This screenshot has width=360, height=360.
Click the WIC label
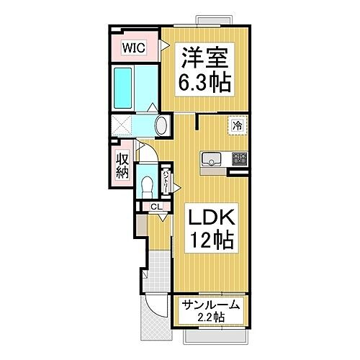tap(132, 48)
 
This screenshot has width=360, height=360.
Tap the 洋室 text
tap(204, 57)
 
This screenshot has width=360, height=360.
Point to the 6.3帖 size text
tap(204, 83)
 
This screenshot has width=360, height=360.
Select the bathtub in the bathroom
tap(123, 85)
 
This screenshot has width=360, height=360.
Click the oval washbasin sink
tap(161, 125)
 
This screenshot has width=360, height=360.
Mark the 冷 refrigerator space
tap(236, 125)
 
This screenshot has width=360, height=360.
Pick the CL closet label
tap(156, 207)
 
